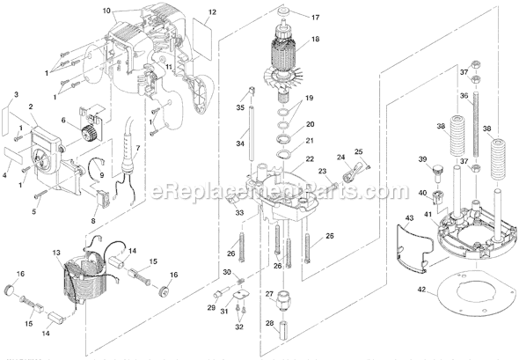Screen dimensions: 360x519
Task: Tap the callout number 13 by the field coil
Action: (x=58, y=253)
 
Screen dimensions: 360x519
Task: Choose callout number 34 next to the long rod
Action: (x=239, y=143)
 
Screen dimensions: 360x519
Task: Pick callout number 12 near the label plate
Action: (x=211, y=13)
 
